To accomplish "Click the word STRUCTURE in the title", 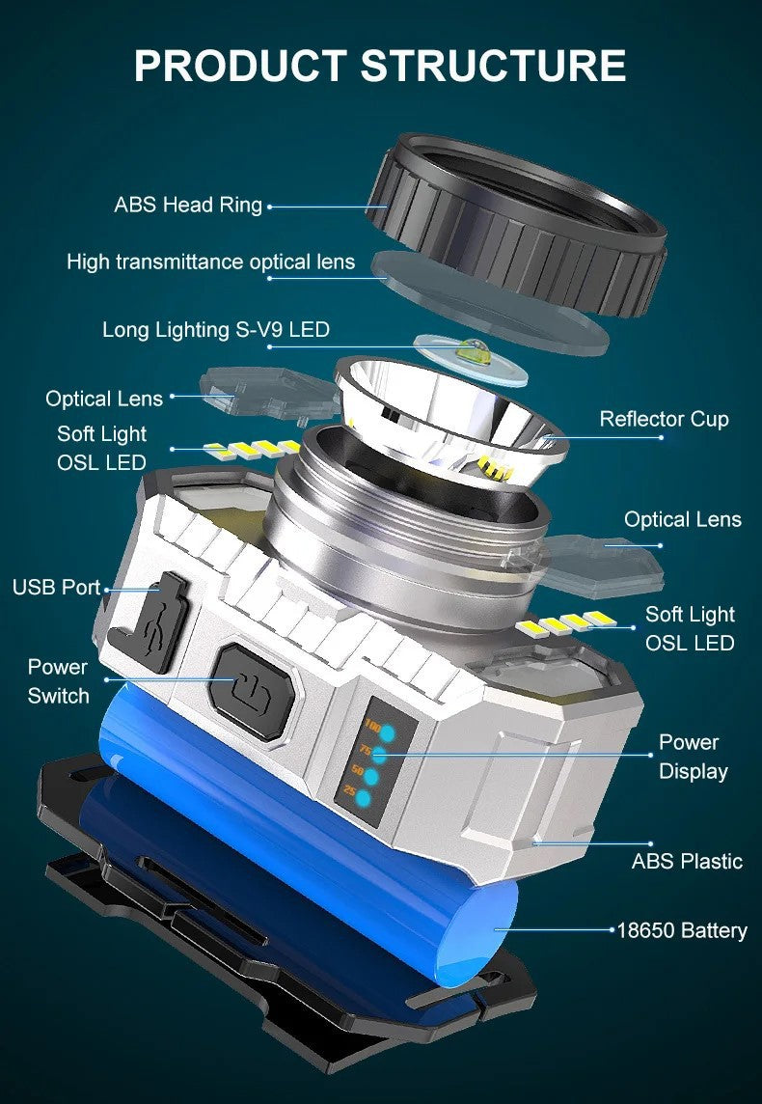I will [x=493, y=65].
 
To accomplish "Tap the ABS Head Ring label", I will [x=188, y=205].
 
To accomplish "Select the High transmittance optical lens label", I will [x=210, y=262].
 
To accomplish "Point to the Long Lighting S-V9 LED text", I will [x=216, y=330].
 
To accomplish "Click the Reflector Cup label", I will [x=664, y=419].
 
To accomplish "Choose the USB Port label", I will [x=56, y=587].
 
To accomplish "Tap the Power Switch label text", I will [x=58, y=681].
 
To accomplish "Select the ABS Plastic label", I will [x=687, y=861].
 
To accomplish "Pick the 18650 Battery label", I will [x=682, y=930].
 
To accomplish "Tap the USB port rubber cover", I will [x=154, y=622].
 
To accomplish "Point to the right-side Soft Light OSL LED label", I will [x=690, y=628].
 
